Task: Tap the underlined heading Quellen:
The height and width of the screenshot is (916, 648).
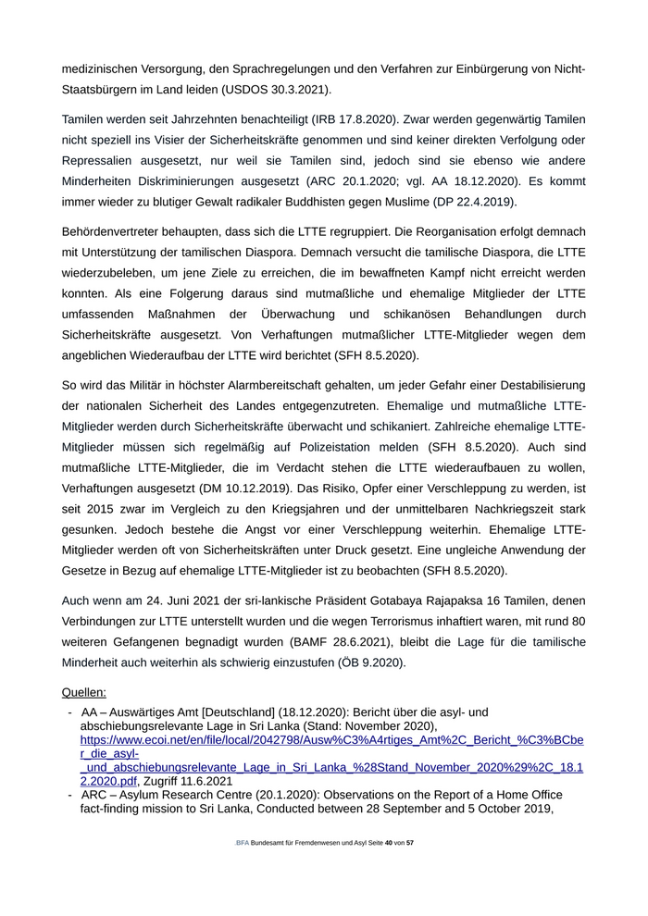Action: pos(83,692)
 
